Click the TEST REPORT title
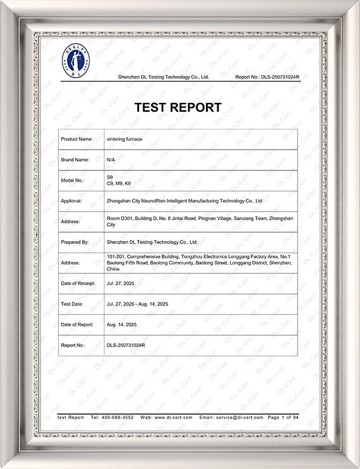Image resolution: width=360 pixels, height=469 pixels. (x=178, y=107)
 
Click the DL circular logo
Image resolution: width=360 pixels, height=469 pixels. (x=76, y=61)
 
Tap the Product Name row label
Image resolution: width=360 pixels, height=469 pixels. (x=77, y=139)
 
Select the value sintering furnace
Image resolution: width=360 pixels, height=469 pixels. (x=126, y=139)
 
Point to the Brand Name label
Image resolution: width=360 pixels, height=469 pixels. (x=75, y=160)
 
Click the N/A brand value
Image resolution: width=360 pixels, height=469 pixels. (x=111, y=160)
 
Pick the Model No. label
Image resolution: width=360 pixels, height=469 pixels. (x=73, y=180)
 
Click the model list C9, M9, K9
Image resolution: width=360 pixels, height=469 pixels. (x=118, y=183)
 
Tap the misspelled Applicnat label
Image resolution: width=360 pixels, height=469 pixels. (x=74, y=201)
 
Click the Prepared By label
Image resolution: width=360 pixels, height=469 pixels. (x=75, y=242)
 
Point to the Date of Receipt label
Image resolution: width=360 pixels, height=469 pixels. (x=78, y=283)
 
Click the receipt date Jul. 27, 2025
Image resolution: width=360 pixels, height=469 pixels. (x=121, y=283)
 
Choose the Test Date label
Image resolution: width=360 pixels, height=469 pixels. (x=73, y=304)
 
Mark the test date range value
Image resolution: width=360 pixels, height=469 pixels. (x=137, y=304)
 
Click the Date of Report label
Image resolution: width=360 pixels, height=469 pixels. (x=77, y=324)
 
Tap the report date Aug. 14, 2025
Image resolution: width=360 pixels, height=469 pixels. (x=121, y=324)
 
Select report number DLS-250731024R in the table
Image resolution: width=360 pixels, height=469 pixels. (x=126, y=345)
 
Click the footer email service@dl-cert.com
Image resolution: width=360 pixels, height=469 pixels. (x=239, y=418)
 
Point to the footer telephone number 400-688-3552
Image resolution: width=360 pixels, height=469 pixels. (x=117, y=418)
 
